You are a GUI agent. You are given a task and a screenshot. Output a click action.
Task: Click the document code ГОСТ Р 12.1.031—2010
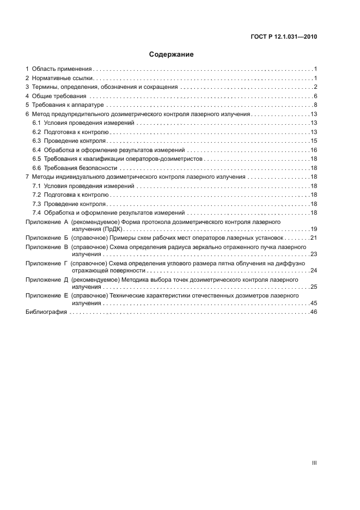tap(284, 37)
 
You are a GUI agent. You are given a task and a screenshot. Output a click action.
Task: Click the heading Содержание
tap(172, 55)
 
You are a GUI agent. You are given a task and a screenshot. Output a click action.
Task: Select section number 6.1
tap(36, 123)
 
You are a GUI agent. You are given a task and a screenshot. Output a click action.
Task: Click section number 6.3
tap(36, 141)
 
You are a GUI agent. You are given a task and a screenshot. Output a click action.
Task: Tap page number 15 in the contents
tap(314, 141)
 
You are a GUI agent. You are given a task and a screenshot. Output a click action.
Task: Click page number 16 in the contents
tap(314, 150)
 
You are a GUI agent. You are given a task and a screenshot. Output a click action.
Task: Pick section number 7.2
tap(36, 195)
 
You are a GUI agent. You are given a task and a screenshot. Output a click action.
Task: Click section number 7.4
tap(36, 212)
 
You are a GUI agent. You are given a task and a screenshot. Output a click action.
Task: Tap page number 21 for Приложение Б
tap(314, 238)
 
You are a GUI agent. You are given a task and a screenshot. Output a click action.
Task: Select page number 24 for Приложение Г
tap(314, 270)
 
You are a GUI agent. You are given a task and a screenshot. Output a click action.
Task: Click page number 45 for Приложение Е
tap(314, 303)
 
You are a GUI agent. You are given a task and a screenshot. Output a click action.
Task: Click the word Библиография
tap(46, 312)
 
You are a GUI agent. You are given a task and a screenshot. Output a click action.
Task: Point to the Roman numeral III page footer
tap(314, 463)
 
